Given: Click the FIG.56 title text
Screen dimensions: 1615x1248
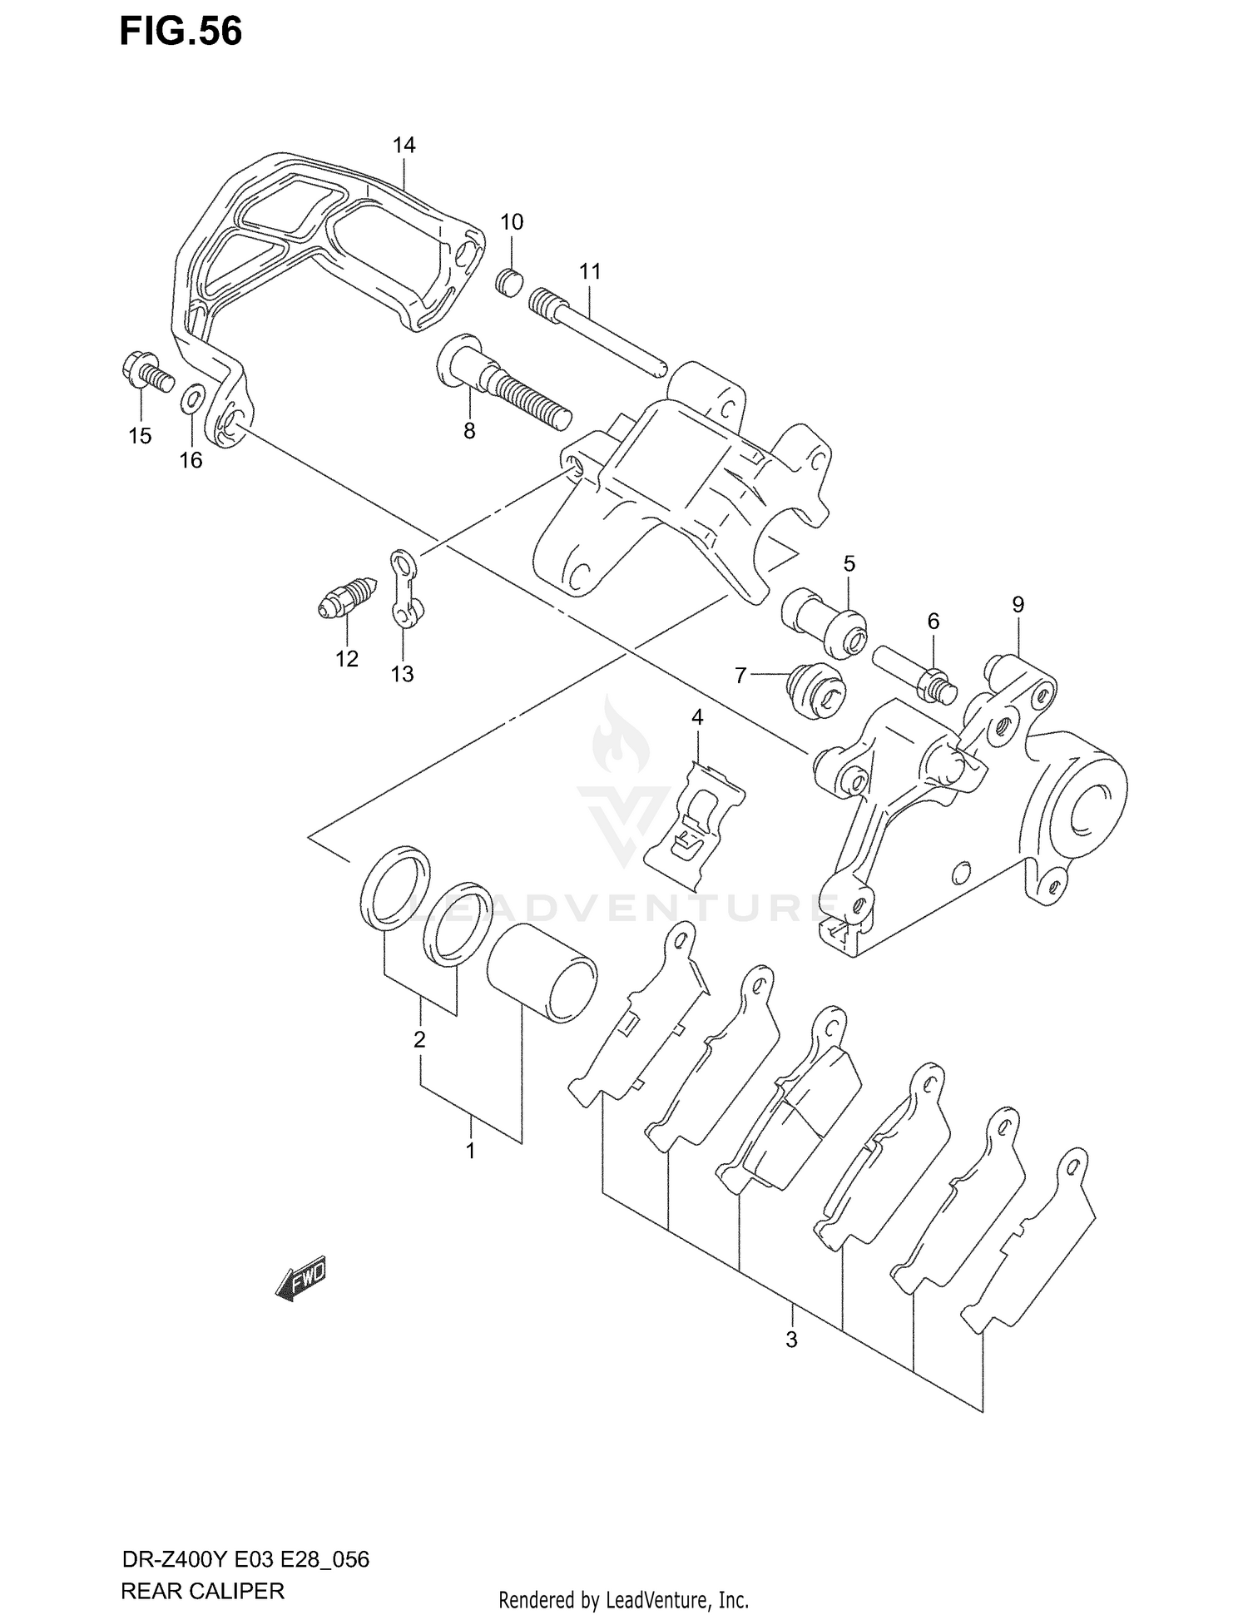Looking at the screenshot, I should pos(181,32).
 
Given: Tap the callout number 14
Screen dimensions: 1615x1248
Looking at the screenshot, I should pos(404,145).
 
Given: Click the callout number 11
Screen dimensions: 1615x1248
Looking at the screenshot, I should pos(590,271).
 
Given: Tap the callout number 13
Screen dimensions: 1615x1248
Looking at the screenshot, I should pos(402,674).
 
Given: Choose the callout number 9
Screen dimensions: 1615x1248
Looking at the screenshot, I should pos(1018,605).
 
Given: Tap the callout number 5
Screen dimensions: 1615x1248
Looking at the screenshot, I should pos(849,563).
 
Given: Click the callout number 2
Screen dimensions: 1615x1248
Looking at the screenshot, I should pos(419,1039).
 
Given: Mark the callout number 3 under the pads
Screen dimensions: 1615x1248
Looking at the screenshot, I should pos(791,1340).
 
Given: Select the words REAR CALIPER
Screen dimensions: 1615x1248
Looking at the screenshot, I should pos(202,1591).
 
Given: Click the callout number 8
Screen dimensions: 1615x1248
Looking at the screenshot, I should pos(469,431).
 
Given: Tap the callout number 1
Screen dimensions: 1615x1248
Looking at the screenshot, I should pos(471,1151).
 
